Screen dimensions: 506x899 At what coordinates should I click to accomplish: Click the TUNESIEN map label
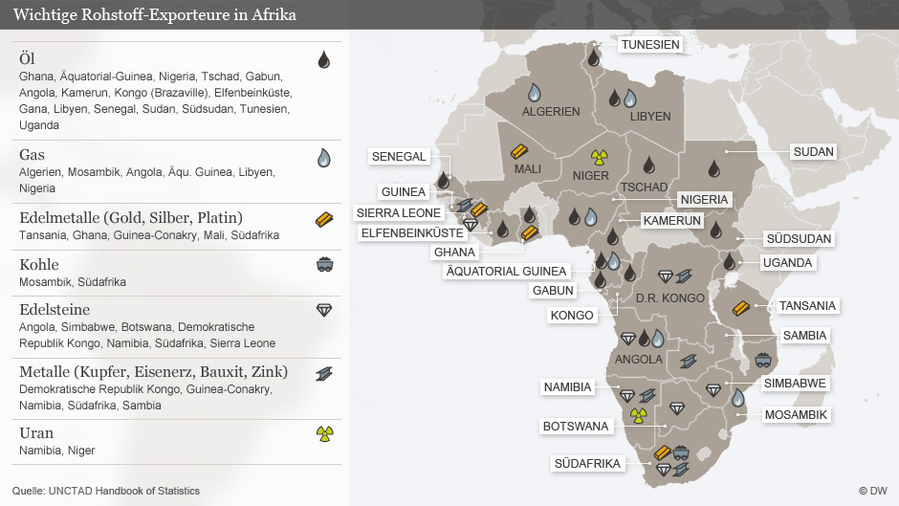click(650, 45)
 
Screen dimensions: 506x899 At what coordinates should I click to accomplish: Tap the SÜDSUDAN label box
click(799, 239)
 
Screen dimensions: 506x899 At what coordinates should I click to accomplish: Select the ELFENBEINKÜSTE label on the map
click(411, 232)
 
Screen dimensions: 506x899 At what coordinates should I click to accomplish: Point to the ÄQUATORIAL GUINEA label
click(506, 271)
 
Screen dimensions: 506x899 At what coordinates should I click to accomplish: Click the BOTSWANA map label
click(576, 426)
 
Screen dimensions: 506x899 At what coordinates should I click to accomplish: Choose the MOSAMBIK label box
click(796, 415)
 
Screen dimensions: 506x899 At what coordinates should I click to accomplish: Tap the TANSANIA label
click(807, 306)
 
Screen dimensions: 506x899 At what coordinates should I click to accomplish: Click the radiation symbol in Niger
click(600, 156)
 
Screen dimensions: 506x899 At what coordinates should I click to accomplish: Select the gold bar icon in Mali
click(519, 150)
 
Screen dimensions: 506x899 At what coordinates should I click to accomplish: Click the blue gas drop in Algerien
click(535, 93)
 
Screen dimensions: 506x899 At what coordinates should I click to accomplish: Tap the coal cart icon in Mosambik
click(764, 360)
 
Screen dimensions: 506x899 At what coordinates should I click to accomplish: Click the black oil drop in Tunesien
click(593, 56)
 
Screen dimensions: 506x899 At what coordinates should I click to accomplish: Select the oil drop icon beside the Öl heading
click(324, 59)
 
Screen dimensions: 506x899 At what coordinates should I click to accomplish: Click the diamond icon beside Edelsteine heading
click(324, 310)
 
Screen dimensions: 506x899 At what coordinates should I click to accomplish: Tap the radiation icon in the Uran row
click(324, 434)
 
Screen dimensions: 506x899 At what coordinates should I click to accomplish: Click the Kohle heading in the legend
click(39, 264)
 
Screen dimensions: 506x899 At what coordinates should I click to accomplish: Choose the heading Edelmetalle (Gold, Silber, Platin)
click(131, 217)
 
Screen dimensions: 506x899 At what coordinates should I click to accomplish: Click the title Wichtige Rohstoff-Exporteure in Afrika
click(154, 15)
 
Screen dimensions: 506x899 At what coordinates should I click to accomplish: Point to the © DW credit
click(871, 491)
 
